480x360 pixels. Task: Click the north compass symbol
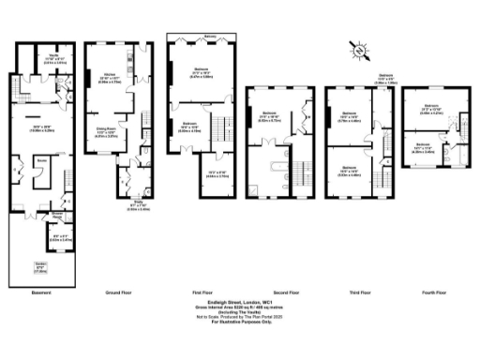tap(357, 47)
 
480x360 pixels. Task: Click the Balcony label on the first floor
tap(212, 38)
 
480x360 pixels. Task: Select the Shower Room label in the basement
tap(58, 214)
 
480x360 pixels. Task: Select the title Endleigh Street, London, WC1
tap(240, 302)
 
